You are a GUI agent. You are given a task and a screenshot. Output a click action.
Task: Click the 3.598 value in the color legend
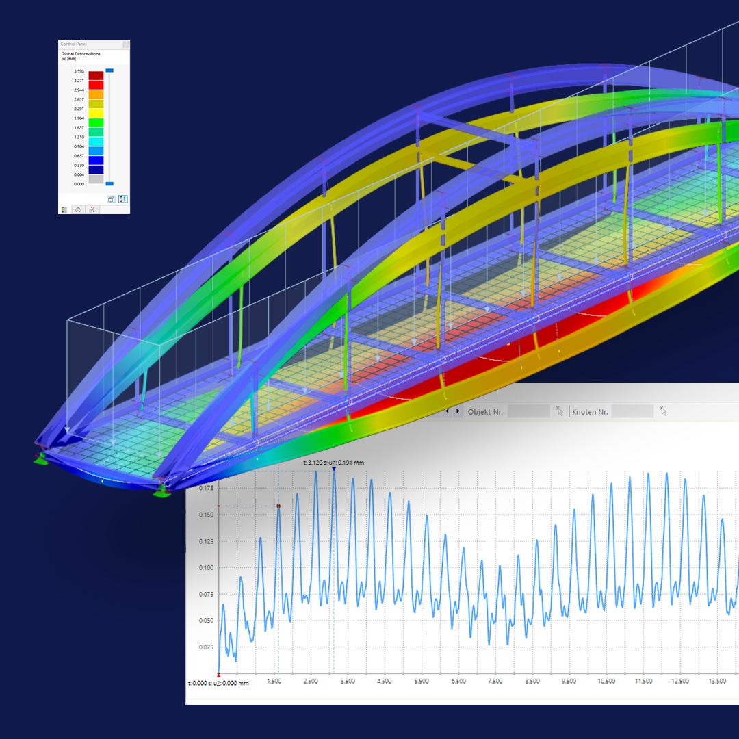tap(79, 71)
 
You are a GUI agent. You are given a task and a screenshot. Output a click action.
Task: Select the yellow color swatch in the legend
tap(96, 113)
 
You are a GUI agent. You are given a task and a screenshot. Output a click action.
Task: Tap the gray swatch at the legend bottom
tap(96, 179)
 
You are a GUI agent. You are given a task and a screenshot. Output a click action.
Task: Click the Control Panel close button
tap(125, 44)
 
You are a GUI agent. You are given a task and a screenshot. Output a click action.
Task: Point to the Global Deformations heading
tap(81, 53)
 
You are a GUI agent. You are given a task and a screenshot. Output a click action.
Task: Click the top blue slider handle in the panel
tap(109, 70)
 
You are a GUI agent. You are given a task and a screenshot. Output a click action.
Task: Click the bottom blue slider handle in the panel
tap(109, 183)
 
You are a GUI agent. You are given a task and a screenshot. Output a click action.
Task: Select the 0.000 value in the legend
tap(79, 184)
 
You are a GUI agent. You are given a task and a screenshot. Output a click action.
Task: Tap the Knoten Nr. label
tap(589, 412)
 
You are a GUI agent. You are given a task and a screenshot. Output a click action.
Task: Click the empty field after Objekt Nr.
tap(529, 411)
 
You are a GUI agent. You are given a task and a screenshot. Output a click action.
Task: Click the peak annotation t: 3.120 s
tap(334, 463)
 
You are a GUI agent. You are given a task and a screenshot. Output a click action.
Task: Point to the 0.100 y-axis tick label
tap(205, 567)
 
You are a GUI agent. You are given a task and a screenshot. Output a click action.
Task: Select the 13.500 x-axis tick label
tap(717, 682)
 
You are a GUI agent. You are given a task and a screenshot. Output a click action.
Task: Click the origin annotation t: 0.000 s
tap(218, 683)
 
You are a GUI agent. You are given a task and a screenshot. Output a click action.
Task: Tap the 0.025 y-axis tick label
tap(205, 647)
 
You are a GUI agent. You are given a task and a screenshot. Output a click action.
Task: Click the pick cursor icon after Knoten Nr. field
tap(662, 411)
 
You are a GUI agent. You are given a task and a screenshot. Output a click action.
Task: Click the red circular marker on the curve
tap(278, 506)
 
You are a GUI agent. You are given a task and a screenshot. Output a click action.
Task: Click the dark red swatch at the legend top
tap(96, 75)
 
